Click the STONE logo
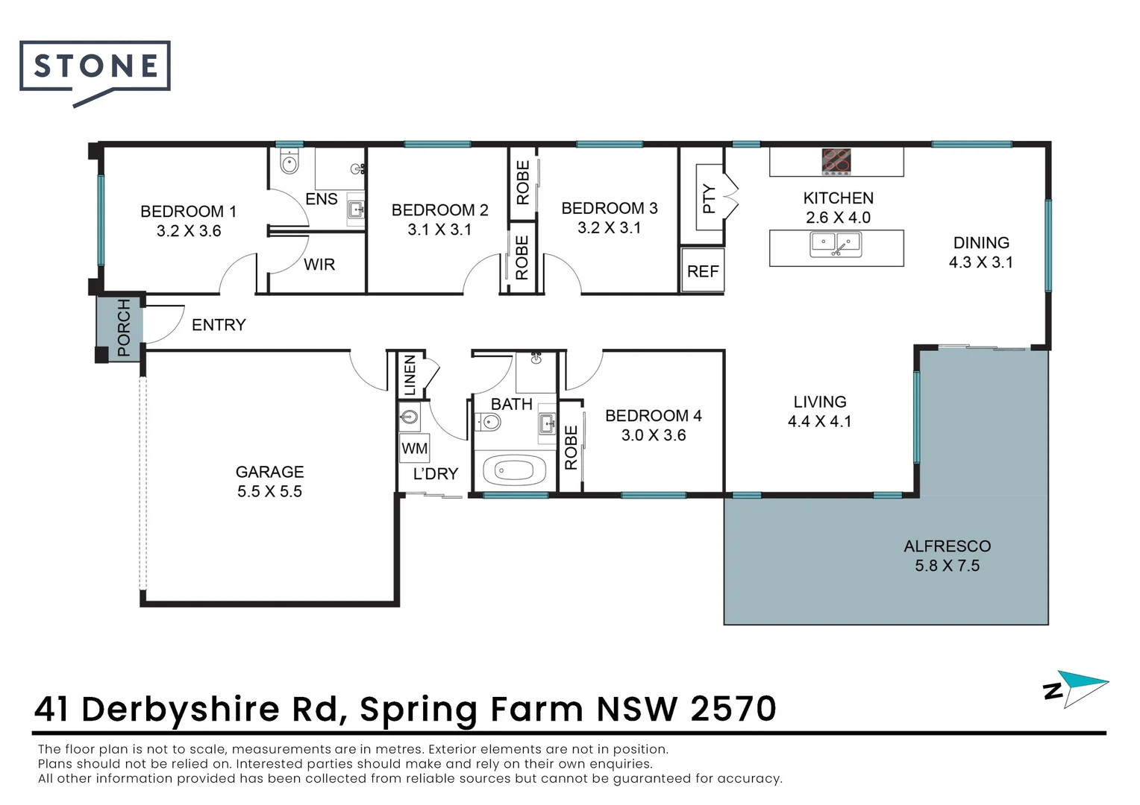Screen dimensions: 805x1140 (x=95, y=68)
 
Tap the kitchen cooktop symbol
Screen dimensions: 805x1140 (x=836, y=162)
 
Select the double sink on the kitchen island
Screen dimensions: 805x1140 (x=836, y=244)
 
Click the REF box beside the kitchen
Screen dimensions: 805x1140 (x=703, y=271)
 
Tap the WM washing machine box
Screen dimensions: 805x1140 (x=414, y=448)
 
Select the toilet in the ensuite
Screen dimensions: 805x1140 (x=289, y=162)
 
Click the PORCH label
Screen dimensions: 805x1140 (x=123, y=327)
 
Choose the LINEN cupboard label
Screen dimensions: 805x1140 (x=409, y=375)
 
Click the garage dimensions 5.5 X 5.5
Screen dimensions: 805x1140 (x=269, y=491)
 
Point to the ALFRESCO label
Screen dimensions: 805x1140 (x=947, y=546)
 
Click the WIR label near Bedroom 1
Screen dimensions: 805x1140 (x=319, y=265)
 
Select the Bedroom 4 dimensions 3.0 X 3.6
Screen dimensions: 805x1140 (x=654, y=435)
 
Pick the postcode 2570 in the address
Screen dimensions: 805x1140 (x=733, y=709)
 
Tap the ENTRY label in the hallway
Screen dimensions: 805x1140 (x=219, y=325)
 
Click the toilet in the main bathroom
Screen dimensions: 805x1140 (x=487, y=423)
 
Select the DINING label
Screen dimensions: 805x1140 (x=981, y=243)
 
